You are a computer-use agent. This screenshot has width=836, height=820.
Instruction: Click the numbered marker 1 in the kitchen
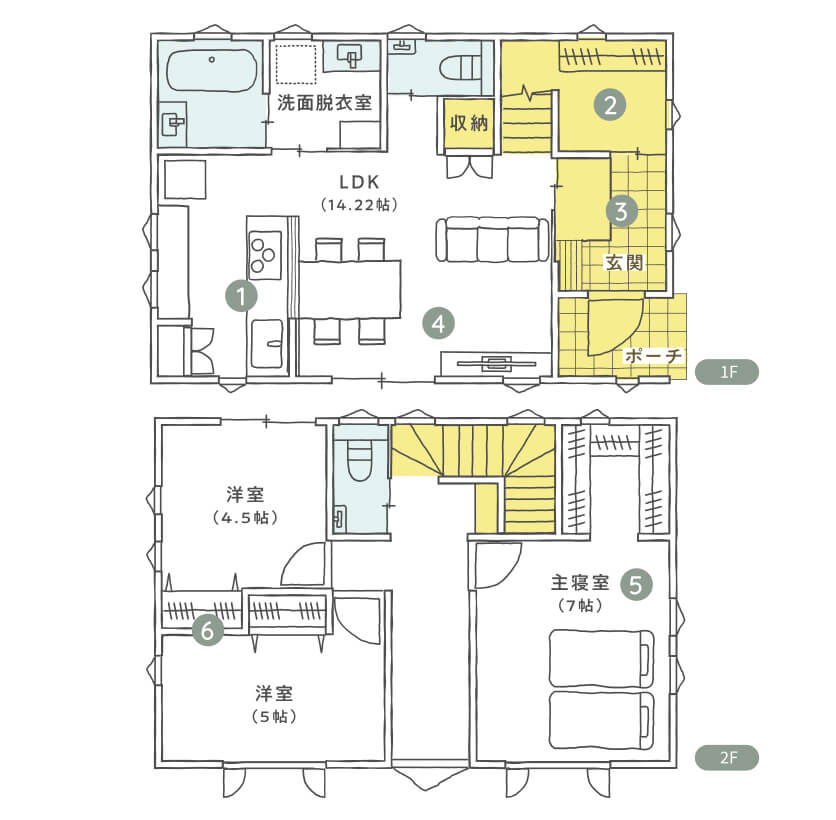(x=242, y=296)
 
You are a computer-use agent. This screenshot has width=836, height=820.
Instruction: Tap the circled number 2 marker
(x=610, y=105)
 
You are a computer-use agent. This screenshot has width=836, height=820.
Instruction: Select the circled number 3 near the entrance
(x=622, y=211)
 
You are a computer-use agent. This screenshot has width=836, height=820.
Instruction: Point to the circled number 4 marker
(x=438, y=324)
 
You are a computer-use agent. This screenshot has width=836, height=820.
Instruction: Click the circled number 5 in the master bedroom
(x=637, y=585)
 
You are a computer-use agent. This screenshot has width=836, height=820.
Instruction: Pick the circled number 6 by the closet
(x=207, y=630)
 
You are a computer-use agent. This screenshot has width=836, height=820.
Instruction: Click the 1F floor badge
(x=727, y=372)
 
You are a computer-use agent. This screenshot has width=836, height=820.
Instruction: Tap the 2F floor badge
(x=727, y=758)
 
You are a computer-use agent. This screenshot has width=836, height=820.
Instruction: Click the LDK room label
(x=360, y=182)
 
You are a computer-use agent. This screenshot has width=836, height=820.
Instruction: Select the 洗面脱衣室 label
(x=324, y=102)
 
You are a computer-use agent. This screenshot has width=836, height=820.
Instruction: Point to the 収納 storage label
(x=469, y=123)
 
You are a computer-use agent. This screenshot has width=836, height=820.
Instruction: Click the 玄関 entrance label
(x=624, y=262)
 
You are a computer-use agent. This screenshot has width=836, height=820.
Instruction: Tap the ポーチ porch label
(x=653, y=355)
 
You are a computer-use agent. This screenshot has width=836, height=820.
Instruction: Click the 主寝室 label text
(x=580, y=582)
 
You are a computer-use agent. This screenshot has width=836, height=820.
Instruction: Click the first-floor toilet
(x=461, y=68)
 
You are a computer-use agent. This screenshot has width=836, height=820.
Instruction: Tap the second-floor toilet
(x=359, y=460)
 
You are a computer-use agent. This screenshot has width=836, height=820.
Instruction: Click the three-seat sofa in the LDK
(x=492, y=239)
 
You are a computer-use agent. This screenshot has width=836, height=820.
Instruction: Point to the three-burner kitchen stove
(x=264, y=255)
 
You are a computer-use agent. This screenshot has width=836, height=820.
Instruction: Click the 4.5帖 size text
(x=245, y=518)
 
